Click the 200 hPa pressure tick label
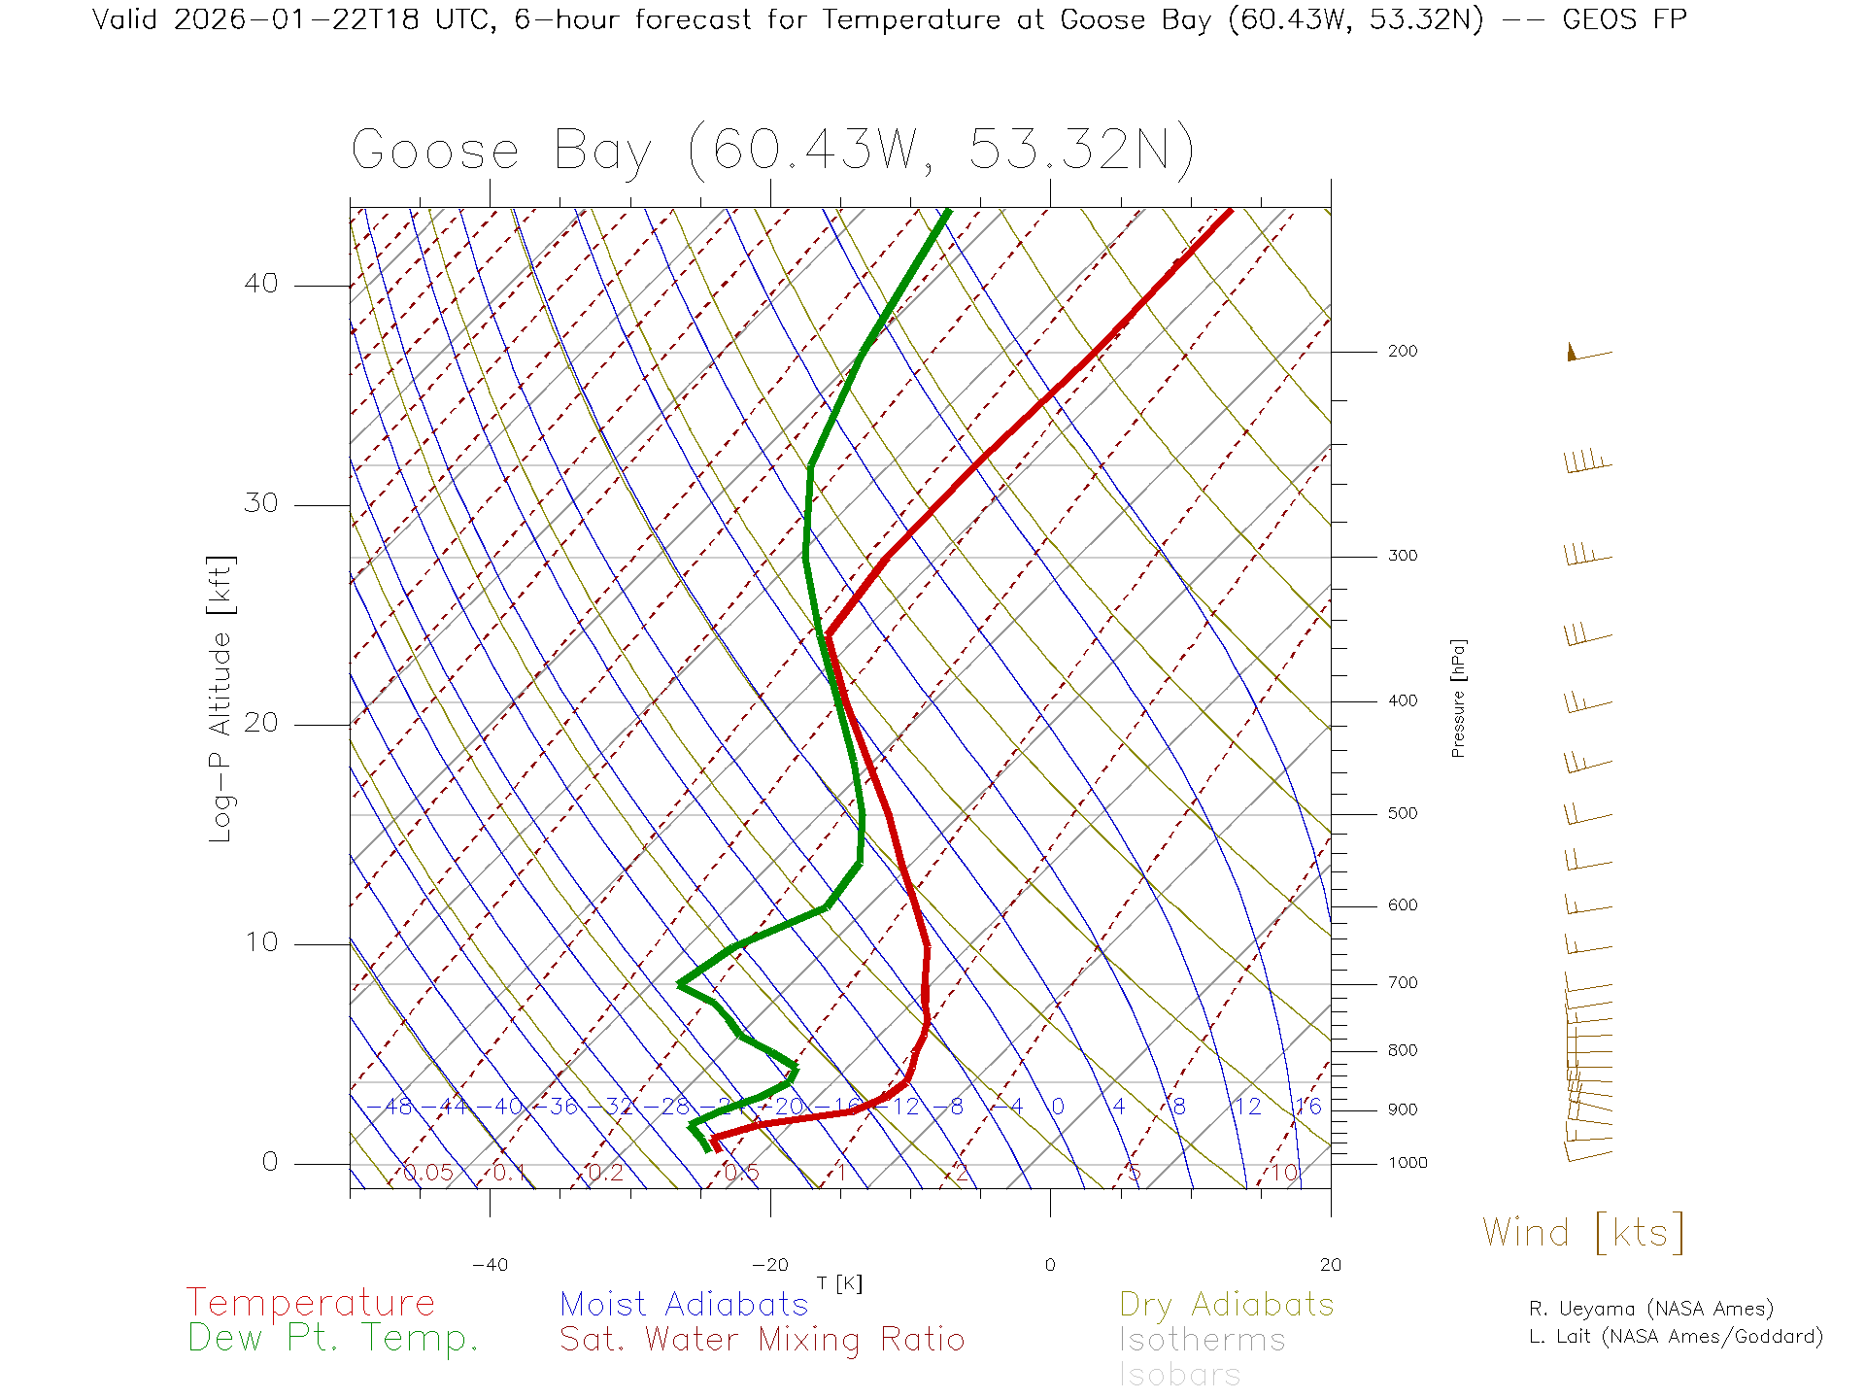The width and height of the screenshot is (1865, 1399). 1402,351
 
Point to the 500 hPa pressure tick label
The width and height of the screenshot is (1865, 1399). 1402,813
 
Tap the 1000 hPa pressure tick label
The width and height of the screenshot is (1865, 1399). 1407,1163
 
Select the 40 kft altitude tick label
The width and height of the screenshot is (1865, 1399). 260,284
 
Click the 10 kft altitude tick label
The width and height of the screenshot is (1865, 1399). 260,942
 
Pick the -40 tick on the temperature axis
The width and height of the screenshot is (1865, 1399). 490,1265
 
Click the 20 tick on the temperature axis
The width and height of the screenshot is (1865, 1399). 1330,1265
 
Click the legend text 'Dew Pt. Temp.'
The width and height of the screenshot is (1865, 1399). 333,1339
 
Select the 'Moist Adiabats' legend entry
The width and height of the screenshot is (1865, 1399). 684,1304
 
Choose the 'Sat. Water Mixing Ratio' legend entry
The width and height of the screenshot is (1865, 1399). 762,1340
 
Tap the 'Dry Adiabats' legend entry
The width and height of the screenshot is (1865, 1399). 1226,1304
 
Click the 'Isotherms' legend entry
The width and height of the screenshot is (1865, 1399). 1202,1340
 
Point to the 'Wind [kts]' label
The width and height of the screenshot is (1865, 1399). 1582,1232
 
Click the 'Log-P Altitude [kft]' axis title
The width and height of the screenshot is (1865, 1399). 221,699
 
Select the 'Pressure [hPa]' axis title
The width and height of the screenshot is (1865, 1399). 1458,698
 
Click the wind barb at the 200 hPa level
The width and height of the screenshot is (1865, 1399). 1587,354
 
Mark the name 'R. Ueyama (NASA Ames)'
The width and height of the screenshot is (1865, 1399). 1650,1309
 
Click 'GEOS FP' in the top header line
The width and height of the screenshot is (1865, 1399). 1624,19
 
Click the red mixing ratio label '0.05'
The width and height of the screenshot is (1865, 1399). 427,1173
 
